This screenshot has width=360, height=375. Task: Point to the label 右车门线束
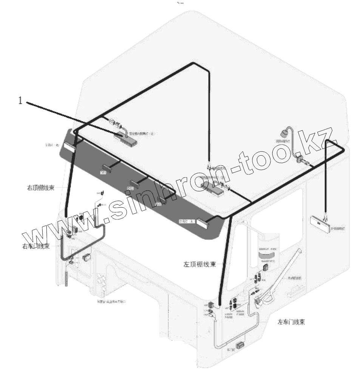[x=36, y=246]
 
